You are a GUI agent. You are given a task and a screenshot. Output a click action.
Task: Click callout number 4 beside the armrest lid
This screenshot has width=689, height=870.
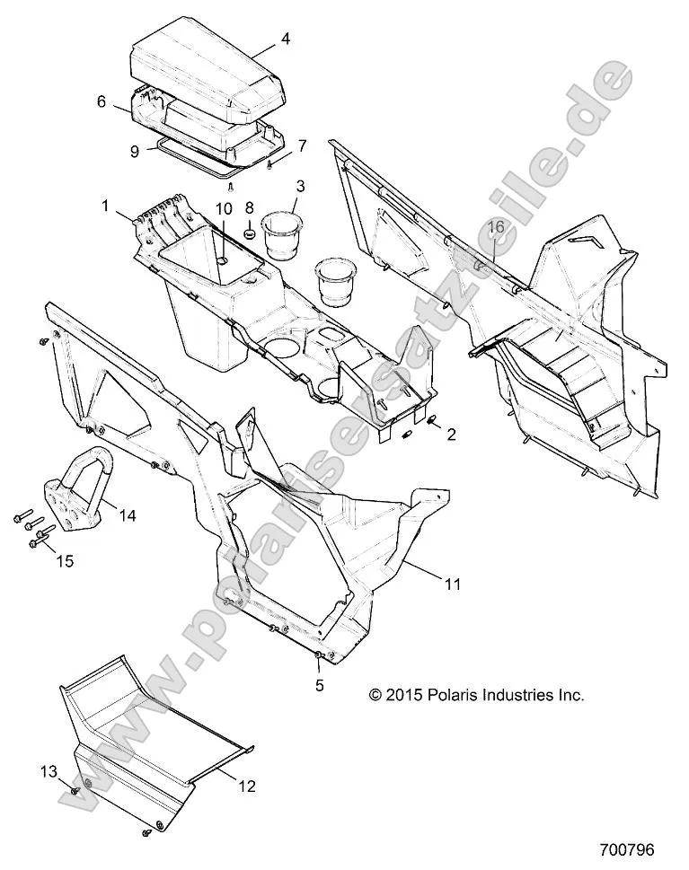point(285,40)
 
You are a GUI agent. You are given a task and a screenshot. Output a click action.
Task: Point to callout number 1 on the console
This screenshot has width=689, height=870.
point(105,206)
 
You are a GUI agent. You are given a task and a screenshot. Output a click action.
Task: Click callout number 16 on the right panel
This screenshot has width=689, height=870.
point(496,228)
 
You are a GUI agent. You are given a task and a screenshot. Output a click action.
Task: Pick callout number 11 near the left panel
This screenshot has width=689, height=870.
point(453,584)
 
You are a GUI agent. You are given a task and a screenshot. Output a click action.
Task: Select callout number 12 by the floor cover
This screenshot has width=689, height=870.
point(247,787)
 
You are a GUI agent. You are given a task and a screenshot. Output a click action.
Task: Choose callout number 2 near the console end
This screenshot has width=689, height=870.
point(451,435)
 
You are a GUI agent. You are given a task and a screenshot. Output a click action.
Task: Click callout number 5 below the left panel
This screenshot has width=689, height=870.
point(319,684)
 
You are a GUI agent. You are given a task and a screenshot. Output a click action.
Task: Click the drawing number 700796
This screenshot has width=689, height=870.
point(628,848)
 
